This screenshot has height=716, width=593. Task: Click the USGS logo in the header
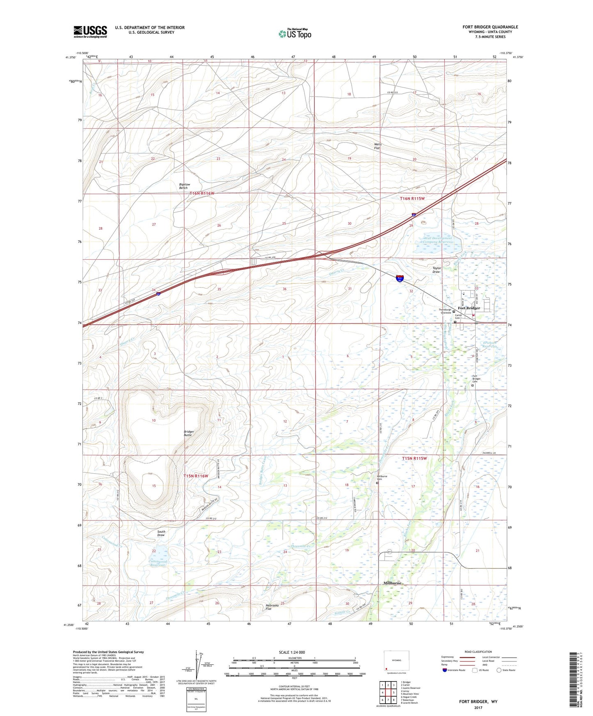pyautogui.click(x=90, y=31)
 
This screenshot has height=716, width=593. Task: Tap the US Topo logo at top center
pyautogui.click(x=295, y=34)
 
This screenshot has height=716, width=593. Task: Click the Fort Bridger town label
pyautogui.click(x=469, y=308)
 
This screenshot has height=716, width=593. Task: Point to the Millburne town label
pyautogui.click(x=392, y=583)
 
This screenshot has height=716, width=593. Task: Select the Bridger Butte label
pyautogui.click(x=189, y=433)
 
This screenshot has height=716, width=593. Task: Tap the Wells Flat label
pyautogui.click(x=378, y=146)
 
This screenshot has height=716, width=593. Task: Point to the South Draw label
pyautogui.click(x=161, y=533)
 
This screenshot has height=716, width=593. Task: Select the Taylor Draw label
pyautogui.click(x=436, y=270)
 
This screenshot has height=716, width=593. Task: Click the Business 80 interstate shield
pyautogui.click(x=399, y=278)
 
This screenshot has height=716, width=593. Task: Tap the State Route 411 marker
pyautogui.click(x=389, y=552)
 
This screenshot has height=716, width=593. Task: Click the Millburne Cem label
pyautogui.click(x=382, y=478)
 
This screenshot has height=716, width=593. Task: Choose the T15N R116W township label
pyautogui.click(x=196, y=476)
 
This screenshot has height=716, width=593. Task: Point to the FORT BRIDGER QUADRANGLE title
pyautogui.click(x=490, y=27)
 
